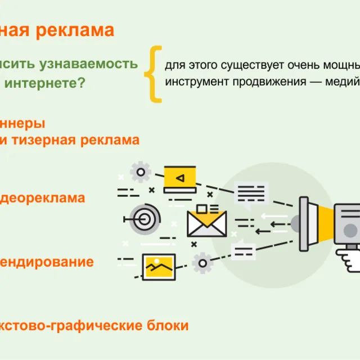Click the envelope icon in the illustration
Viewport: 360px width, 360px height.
[x=206, y=222]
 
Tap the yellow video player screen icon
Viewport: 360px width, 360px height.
[x=179, y=178]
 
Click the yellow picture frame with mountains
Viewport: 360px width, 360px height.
[x=159, y=267]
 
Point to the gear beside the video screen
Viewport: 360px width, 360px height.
[x=140, y=171]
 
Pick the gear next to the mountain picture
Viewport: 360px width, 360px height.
[x=201, y=263]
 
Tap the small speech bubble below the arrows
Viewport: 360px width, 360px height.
[x=244, y=249]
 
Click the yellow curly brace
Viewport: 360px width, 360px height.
[x=153, y=74]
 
